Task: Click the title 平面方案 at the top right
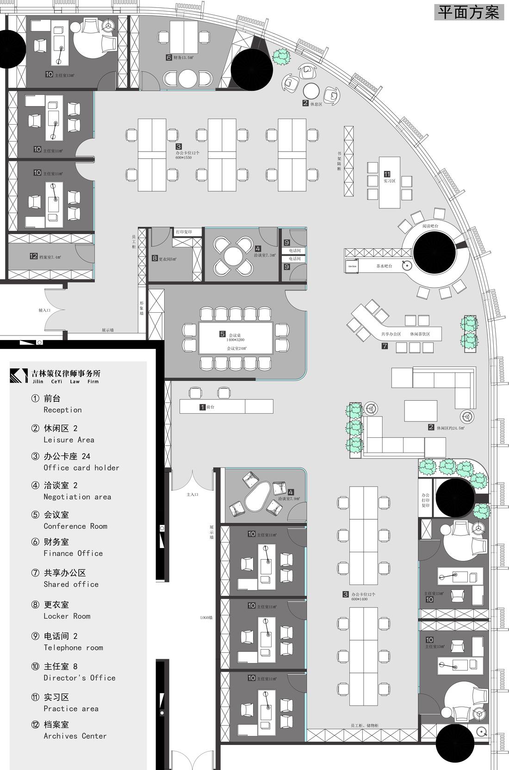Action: pos(469,12)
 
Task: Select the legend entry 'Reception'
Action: pos(62,410)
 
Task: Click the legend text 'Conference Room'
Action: pos(75,526)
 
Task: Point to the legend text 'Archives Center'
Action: pos(75,736)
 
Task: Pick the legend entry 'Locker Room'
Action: pos(67,616)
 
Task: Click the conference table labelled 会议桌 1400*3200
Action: pos(236,338)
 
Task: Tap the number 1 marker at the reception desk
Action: pos(202,407)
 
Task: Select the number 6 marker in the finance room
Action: pos(169,57)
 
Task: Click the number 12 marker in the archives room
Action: pos(33,256)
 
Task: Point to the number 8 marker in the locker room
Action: pos(155,258)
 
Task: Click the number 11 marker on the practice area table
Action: pos(387,174)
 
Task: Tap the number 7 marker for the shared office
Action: pos(385,346)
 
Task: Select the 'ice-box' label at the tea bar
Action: pos(352,266)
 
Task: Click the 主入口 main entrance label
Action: pos(192,495)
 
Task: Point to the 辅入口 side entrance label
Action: pos(44,310)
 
